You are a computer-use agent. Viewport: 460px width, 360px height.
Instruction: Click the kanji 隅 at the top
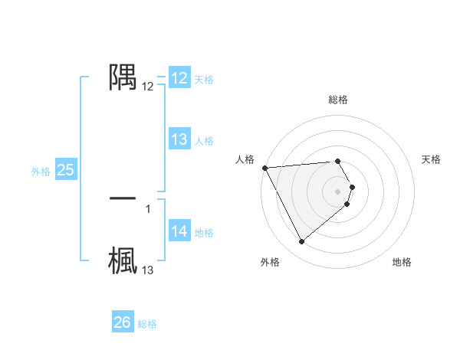(123, 77)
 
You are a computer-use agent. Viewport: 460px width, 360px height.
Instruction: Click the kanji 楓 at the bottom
(123, 260)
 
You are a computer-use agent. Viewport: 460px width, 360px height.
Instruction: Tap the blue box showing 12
(179, 78)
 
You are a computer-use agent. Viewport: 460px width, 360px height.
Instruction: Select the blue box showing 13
(179, 139)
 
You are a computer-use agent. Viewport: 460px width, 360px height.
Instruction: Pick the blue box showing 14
(179, 231)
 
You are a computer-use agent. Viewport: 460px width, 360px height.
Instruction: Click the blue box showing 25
(65, 170)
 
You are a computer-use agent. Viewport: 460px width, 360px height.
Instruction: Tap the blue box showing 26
(122, 322)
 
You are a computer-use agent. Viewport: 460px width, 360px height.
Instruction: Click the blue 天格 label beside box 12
(203, 80)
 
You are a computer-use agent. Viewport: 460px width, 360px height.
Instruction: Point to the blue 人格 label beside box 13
(203, 141)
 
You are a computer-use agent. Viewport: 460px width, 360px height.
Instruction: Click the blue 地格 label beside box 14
(203, 233)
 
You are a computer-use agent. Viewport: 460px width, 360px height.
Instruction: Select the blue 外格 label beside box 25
(41, 172)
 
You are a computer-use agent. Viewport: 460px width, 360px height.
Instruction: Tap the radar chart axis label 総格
(338, 100)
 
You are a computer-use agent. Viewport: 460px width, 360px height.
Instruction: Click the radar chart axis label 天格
(431, 159)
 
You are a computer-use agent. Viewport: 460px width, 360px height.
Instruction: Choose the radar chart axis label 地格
(402, 262)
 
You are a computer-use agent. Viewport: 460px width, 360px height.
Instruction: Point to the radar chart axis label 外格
(270, 262)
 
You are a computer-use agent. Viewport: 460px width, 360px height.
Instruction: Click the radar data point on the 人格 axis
(264, 168)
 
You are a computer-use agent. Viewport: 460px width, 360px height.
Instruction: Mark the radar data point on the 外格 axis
(301, 242)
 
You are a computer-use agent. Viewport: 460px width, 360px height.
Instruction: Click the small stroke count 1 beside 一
(147, 208)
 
